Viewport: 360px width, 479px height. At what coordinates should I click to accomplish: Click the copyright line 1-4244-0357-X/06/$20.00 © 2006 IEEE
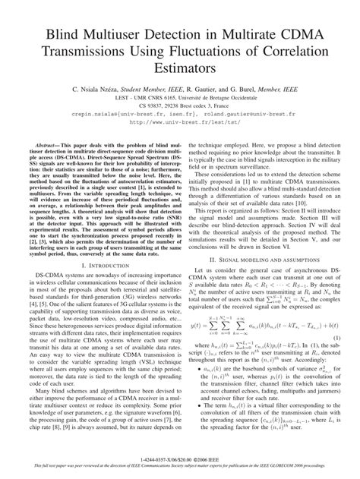pyautogui.click(x=180, y=460)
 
